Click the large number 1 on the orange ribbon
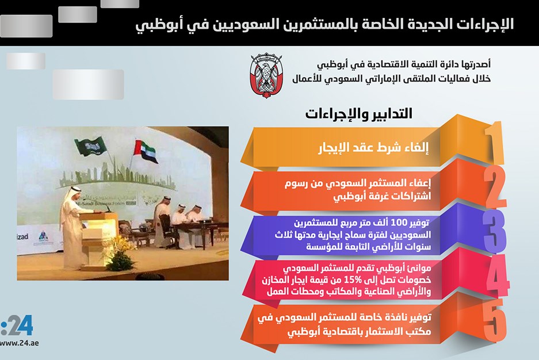(x=495, y=143)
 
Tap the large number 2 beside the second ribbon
(x=495, y=187)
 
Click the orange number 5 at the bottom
(x=495, y=320)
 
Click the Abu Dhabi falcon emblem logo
(x=266, y=75)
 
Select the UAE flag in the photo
(x=146, y=151)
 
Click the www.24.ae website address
(x=19, y=343)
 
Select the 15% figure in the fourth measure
(x=354, y=279)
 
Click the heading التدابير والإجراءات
(x=358, y=114)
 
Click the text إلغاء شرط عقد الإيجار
(x=374, y=148)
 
